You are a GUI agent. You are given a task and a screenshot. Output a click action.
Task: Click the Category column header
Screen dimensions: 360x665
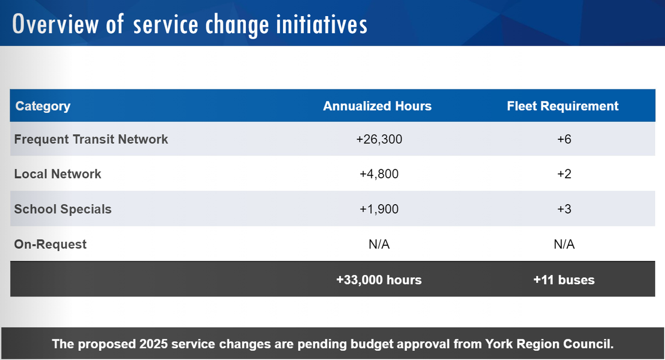pos(43,106)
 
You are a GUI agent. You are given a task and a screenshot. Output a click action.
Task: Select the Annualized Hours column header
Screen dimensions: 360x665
pos(377,106)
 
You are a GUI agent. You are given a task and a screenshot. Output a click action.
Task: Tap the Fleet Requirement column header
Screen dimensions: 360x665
pos(563,106)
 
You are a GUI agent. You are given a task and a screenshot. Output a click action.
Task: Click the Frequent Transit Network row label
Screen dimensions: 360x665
pos(91,139)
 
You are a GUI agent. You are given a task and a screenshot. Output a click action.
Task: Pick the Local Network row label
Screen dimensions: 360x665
pos(58,174)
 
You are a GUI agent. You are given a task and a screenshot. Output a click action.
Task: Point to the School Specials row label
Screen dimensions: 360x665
pos(63,209)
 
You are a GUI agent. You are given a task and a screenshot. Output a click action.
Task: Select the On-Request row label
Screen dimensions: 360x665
pos(50,244)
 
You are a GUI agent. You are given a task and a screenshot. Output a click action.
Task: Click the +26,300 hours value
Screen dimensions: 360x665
pos(379,139)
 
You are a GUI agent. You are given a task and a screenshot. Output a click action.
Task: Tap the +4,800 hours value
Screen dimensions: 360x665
pos(379,174)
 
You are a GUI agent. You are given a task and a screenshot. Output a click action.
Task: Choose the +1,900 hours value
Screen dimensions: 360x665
pos(379,209)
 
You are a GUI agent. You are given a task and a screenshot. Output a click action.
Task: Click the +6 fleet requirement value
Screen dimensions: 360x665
pos(564,139)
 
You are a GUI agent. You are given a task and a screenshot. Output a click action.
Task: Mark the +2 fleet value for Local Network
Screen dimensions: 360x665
pos(564,174)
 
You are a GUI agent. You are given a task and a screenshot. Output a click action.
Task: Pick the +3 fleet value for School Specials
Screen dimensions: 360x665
pos(564,209)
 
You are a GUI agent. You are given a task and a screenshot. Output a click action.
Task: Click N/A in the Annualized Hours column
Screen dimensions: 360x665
pos(379,244)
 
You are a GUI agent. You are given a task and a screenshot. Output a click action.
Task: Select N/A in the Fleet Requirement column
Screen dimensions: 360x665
pos(564,244)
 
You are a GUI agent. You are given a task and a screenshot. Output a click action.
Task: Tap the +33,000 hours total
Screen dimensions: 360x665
pos(379,280)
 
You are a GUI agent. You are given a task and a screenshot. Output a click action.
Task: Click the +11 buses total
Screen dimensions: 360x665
pos(564,280)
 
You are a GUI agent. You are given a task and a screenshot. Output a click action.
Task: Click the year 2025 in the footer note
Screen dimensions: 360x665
pos(154,344)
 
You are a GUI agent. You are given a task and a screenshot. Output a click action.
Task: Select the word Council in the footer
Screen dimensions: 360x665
pos(590,344)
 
